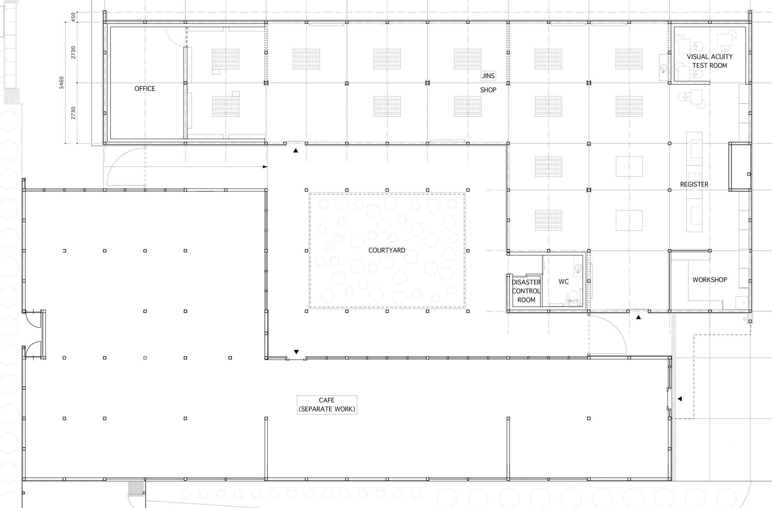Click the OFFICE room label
click(145, 89)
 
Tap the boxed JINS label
click(488, 76)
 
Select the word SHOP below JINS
click(488, 90)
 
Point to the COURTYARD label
click(387, 250)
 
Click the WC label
click(564, 281)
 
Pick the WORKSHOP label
click(710, 279)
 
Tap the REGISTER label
click(694, 184)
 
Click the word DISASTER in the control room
click(526, 282)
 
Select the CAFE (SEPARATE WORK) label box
click(327, 405)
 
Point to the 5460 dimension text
click(61, 83)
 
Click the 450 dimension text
click(73, 17)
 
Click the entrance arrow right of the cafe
click(680, 398)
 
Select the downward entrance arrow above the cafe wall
click(296, 352)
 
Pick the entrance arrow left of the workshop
click(638, 317)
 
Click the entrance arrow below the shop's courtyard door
click(296, 150)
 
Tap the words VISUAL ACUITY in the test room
click(709, 57)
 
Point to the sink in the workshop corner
click(742, 303)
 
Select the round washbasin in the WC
click(578, 268)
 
